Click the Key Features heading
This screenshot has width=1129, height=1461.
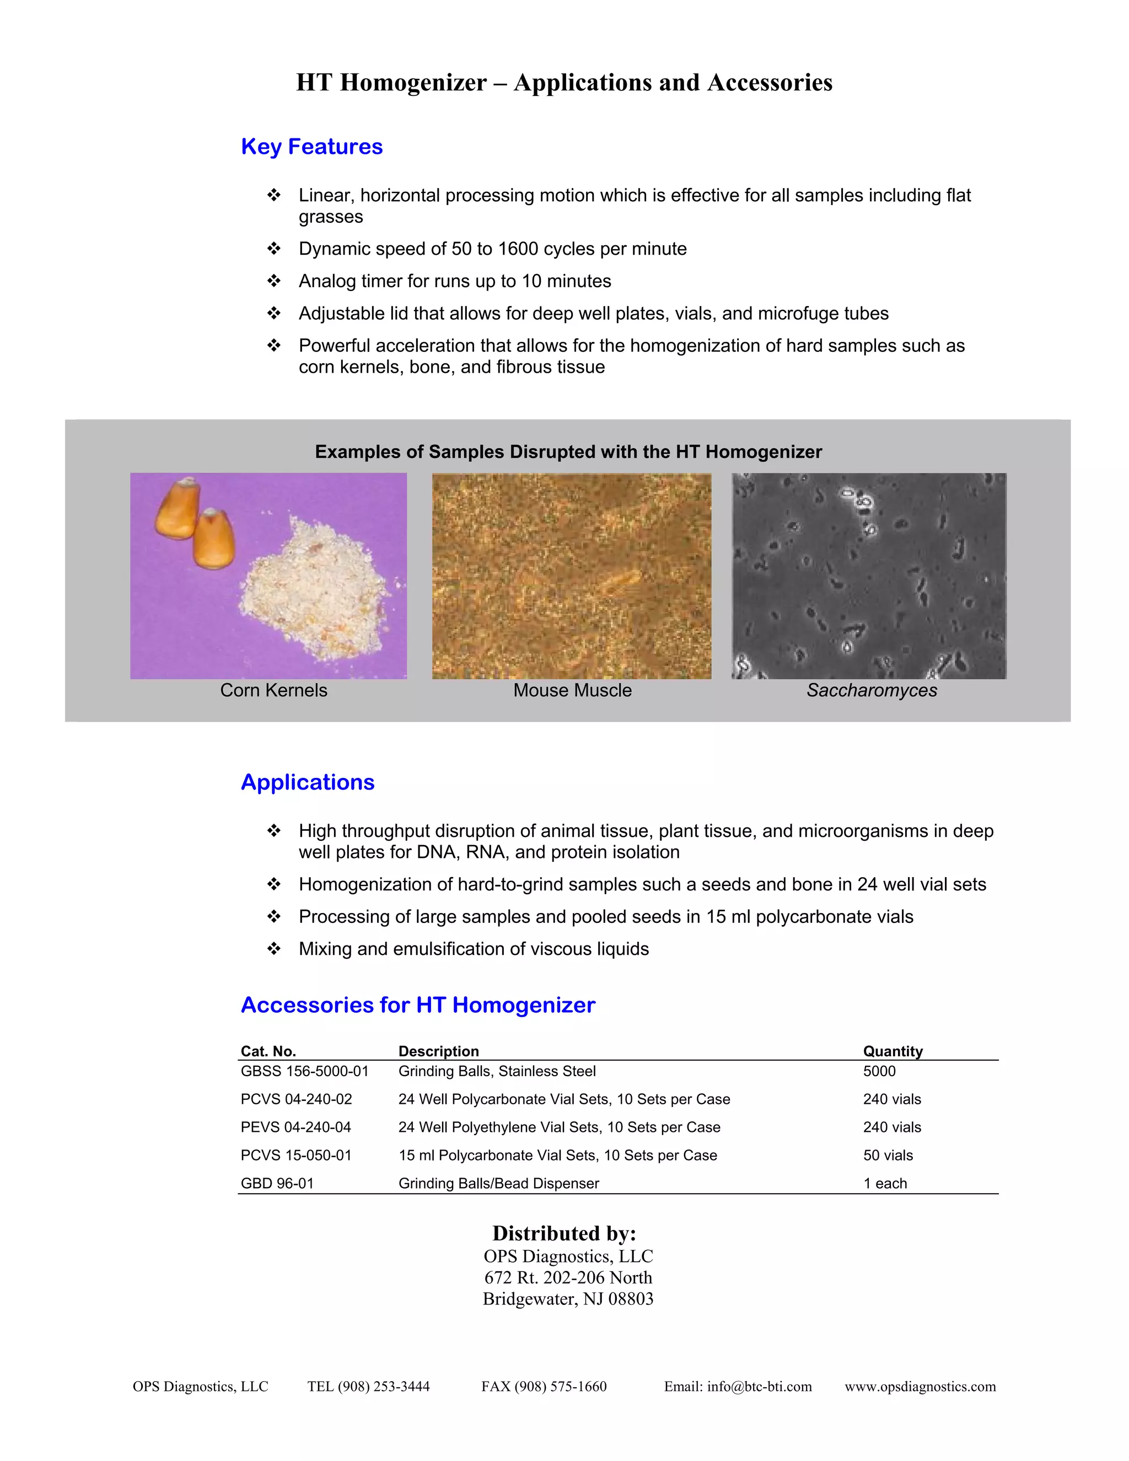(311, 147)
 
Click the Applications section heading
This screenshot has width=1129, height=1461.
(308, 782)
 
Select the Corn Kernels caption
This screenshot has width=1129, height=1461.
(273, 690)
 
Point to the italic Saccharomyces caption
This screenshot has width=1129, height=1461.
(872, 690)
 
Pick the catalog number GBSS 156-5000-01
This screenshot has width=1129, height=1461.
(304, 1071)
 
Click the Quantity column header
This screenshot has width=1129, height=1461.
(893, 1051)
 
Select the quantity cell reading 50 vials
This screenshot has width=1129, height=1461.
(888, 1155)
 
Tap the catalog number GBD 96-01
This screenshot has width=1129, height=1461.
(277, 1183)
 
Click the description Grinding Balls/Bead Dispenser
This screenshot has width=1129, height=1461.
(498, 1183)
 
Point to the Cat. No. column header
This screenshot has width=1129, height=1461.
(268, 1051)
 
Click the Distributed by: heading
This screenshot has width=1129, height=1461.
(564, 1233)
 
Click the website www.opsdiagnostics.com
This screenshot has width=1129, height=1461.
(920, 1386)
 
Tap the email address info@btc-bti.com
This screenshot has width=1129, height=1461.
(759, 1386)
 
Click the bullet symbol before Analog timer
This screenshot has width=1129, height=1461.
(273, 281)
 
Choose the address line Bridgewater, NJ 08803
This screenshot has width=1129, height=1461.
(568, 1298)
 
